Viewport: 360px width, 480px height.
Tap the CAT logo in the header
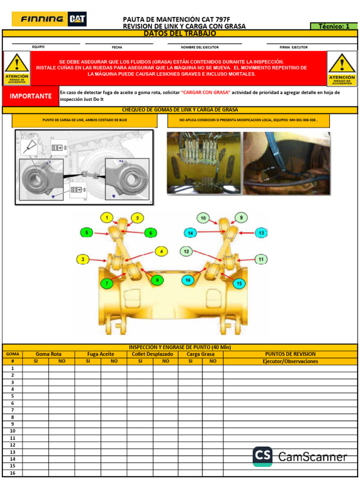click(x=77, y=19)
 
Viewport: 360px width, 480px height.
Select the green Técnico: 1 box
click(x=334, y=26)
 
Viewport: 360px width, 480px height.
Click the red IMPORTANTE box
click(x=30, y=96)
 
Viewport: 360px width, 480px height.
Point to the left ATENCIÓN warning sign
click(x=17, y=68)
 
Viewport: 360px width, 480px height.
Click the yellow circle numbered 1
click(x=107, y=217)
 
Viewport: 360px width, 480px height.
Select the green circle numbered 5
click(x=86, y=232)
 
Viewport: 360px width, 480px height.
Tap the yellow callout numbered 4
click(x=161, y=251)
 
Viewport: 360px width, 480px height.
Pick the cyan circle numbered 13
click(x=261, y=232)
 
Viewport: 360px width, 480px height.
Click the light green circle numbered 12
click(x=186, y=252)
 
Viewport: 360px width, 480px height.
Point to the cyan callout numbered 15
click(x=240, y=283)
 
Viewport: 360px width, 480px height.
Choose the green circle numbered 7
click(x=107, y=283)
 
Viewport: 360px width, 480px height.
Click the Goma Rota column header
click(x=48, y=354)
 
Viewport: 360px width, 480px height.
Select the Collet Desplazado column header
click(x=152, y=354)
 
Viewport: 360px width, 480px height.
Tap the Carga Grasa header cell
click(x=201, y=354)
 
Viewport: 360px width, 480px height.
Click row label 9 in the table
click(x=13, y=424)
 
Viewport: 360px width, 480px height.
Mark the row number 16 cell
click(x=13, y=473)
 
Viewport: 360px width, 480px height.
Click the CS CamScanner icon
click(x=262, y=457)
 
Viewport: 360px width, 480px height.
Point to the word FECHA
click(x=117, y=47)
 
